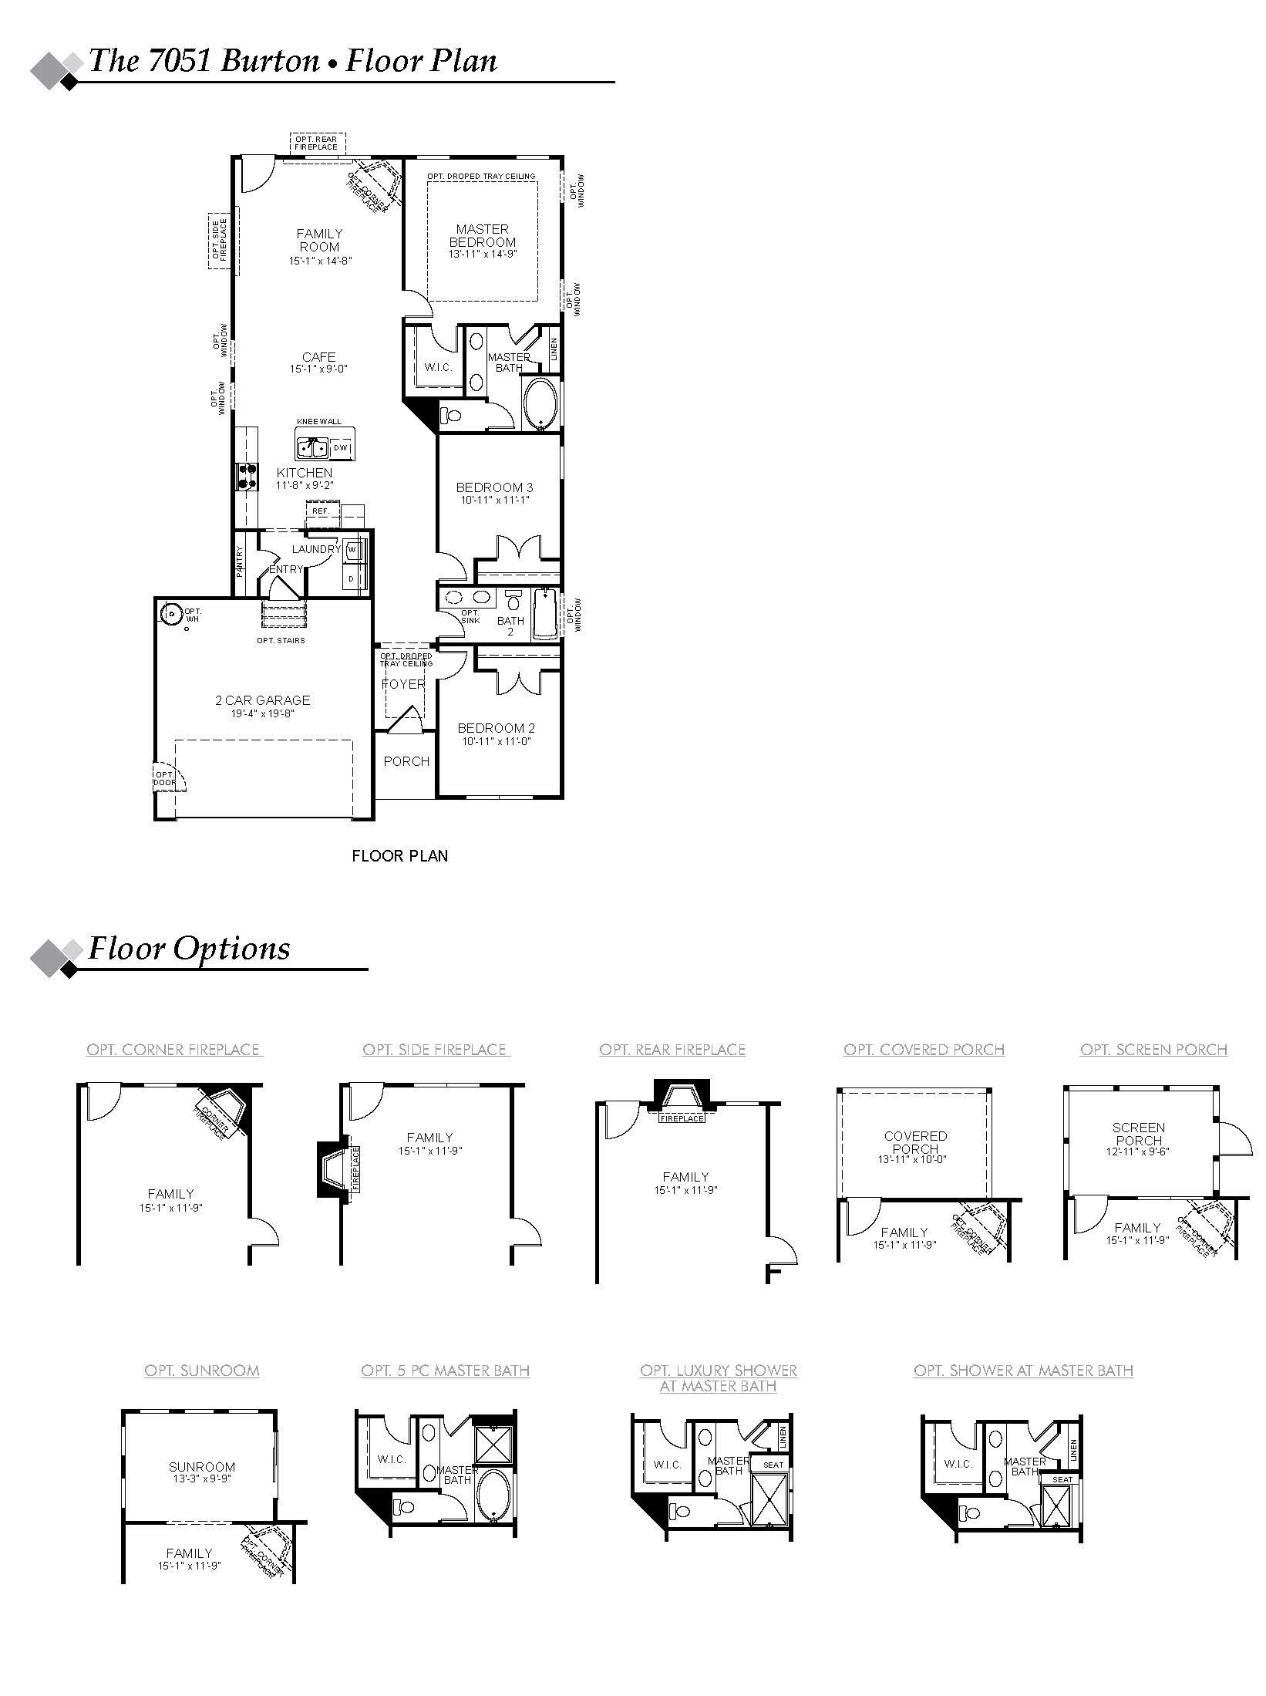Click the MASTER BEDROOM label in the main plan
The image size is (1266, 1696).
[x=482, y=235]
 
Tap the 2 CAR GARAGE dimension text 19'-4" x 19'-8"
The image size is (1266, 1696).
[x=262, y=713]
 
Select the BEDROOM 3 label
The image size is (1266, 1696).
[x=494, y=487]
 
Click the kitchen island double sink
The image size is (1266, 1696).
[x=313, y=447]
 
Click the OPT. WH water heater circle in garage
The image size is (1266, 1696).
[x=171, y=615]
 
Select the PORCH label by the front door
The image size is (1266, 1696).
[x=406, y=761]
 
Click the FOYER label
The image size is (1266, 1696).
[x=403, y=684]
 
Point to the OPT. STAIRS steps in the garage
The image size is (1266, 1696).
[x=285, y=616]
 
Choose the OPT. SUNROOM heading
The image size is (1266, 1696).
[x=202, y=1371]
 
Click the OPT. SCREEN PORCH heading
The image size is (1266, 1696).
[x=1153, y=1050]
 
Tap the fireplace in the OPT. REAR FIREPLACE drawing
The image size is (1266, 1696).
[x=682, y=1098]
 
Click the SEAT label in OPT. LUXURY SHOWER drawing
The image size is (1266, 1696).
[x=773, y=1465]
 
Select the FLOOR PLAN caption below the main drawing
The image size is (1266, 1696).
[x=399, y=855]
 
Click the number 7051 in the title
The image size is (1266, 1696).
[x=180, y=61]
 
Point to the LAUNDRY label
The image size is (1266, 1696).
[x=315, y=549]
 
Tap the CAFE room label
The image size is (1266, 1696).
[x=318, y=357]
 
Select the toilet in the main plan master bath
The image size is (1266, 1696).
[x=451, y=416]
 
